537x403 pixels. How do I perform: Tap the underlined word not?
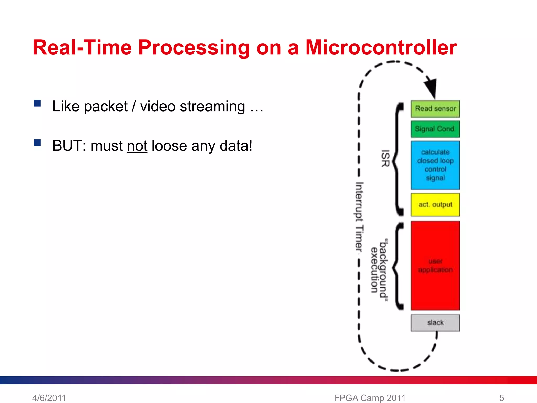(x=137, y=146)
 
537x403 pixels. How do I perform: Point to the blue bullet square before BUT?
(x=37, y=142)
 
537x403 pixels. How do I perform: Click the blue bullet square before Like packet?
(x=37, y=103)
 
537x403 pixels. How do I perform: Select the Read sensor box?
(x=435, y=109)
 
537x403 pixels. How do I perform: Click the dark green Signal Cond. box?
(x=435, y=129)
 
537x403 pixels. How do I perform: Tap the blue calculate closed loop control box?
(x=435, y=165)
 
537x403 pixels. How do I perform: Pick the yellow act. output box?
(x=435, y=205)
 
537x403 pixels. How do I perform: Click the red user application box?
(x=435, y=266)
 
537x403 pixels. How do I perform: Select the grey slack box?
(x=435, y=323)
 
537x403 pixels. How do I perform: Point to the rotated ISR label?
(x=385, y=158)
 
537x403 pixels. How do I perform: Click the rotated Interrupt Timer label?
(x=359, y=217)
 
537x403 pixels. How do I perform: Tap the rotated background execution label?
(x=379, y=269)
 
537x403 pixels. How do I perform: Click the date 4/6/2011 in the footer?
(x=49, y=398)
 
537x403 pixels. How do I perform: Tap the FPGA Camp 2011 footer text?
(x=369, y=398)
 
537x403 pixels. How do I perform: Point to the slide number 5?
(x=501, y=398)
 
